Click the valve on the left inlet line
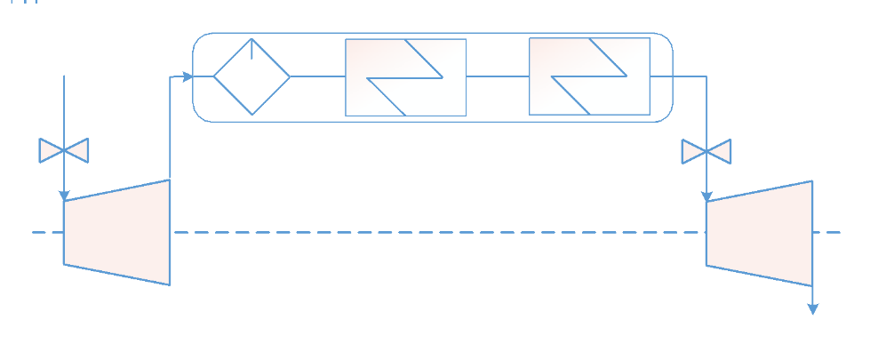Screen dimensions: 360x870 click(64, 151)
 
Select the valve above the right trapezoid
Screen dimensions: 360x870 click(706, 152)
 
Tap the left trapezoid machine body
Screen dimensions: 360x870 click(116, 232)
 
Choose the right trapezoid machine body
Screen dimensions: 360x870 click(759, 233)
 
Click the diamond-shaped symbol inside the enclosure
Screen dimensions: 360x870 click(251, 77)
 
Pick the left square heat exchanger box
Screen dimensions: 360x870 click(405, 77)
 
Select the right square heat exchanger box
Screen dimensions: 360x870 click(589, 77)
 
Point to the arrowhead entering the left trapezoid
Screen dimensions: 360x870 click(64, 195)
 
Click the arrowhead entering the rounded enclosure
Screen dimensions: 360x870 click(188, 77)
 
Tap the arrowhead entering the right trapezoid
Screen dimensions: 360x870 click(706, 196)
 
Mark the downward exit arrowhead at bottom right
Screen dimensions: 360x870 click(811, 308)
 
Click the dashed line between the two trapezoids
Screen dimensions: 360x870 click(435, 233)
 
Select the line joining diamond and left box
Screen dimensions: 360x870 click(317, 77)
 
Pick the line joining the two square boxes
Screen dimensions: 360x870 click(497, 77)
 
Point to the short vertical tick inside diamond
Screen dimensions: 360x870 click(251, 49)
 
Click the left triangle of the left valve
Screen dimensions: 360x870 click(51, 151)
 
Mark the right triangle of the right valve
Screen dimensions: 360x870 click(720, 152)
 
